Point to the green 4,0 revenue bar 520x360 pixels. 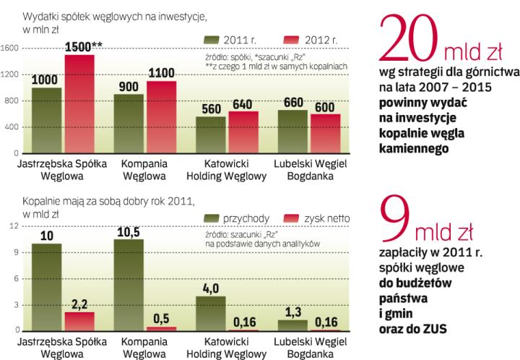(209, 313)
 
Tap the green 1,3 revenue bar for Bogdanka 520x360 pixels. (293, 325)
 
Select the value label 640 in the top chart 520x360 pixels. (240, 104)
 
